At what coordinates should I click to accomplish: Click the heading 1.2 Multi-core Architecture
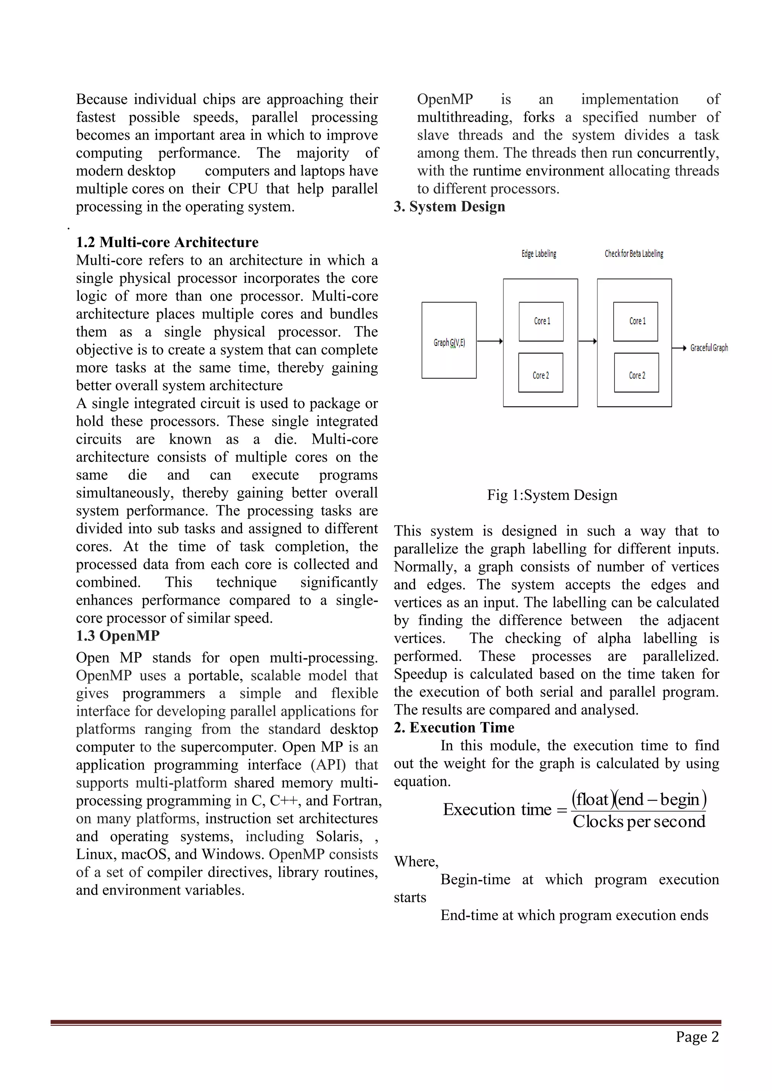pyautogui.click(x=167, y=242)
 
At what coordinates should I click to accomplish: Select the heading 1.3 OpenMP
pyautogui.click(x=118, y=636)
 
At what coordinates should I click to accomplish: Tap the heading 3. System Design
pyautogui.click(x=449, y=207)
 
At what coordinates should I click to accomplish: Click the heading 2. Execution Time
pyautogui.click(x=453, y=727)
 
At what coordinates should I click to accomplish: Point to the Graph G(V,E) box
pyautogui.click(x=449, y=340)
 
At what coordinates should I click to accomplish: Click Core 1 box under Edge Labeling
pyautogui.click(x=541, y=322)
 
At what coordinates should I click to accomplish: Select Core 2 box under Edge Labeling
pyautogui.click(x=541, y=373)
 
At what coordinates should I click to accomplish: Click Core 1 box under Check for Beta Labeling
pyautogui.click(x=636, y=322)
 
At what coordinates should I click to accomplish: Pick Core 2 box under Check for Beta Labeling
pyautogui.click(x=637, y=373)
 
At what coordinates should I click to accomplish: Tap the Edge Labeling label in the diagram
pyautogui.click(x=539, y=254)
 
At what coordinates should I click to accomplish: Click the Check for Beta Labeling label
pyautogui.click(x=634, y=254)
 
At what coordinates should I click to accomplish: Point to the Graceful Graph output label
pyautogui.click(x=709, y=348)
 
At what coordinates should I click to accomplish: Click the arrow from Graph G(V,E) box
pyautogui.click(x=490, y=341)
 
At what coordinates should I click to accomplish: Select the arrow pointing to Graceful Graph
pyautogui.click(x=679, y=348)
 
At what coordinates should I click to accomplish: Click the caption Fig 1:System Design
pyautogui.click(x=552, y=495)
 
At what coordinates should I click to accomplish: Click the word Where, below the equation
pyautogui.click(x=416, y=862)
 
